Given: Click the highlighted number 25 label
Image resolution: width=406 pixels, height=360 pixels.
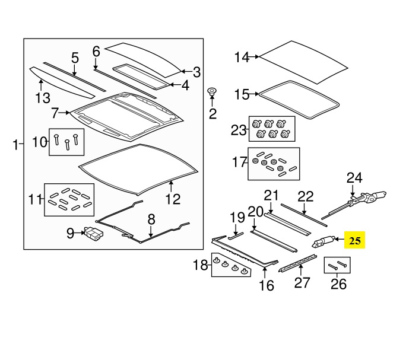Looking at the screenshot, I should click(355, 240).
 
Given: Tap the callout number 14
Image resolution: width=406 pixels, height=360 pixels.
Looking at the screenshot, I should click(242, 57).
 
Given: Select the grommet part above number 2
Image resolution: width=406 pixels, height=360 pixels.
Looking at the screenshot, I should click(212, 93).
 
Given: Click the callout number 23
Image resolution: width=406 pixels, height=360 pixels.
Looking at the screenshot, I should click(238, 129).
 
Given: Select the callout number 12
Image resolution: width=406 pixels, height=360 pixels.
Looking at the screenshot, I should click(172, 199).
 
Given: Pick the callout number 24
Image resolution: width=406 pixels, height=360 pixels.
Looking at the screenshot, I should click(354, 177).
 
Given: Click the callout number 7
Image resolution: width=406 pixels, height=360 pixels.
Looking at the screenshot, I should click(55, 112).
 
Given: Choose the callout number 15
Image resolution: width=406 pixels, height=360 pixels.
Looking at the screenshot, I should click(242, 94).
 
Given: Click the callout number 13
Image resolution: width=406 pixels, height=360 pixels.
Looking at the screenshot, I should click(43, 97).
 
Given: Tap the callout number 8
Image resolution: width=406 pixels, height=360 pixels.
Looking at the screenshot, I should click(151, 219).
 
